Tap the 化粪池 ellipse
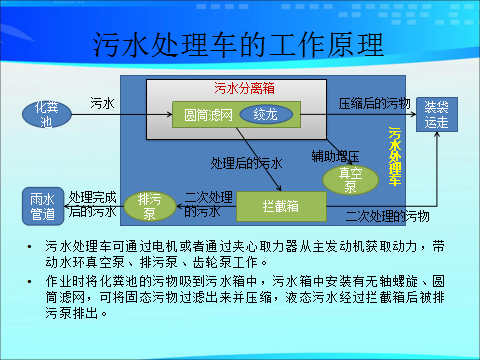(x=47, y=114)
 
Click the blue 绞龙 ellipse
(x=265, y=115)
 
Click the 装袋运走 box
(x=436, y=114)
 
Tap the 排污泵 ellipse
(x=149, y=205)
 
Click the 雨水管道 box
(x=41, y=205)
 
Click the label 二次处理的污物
(x=385, y=215)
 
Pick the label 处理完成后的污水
(x=92, y=204)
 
